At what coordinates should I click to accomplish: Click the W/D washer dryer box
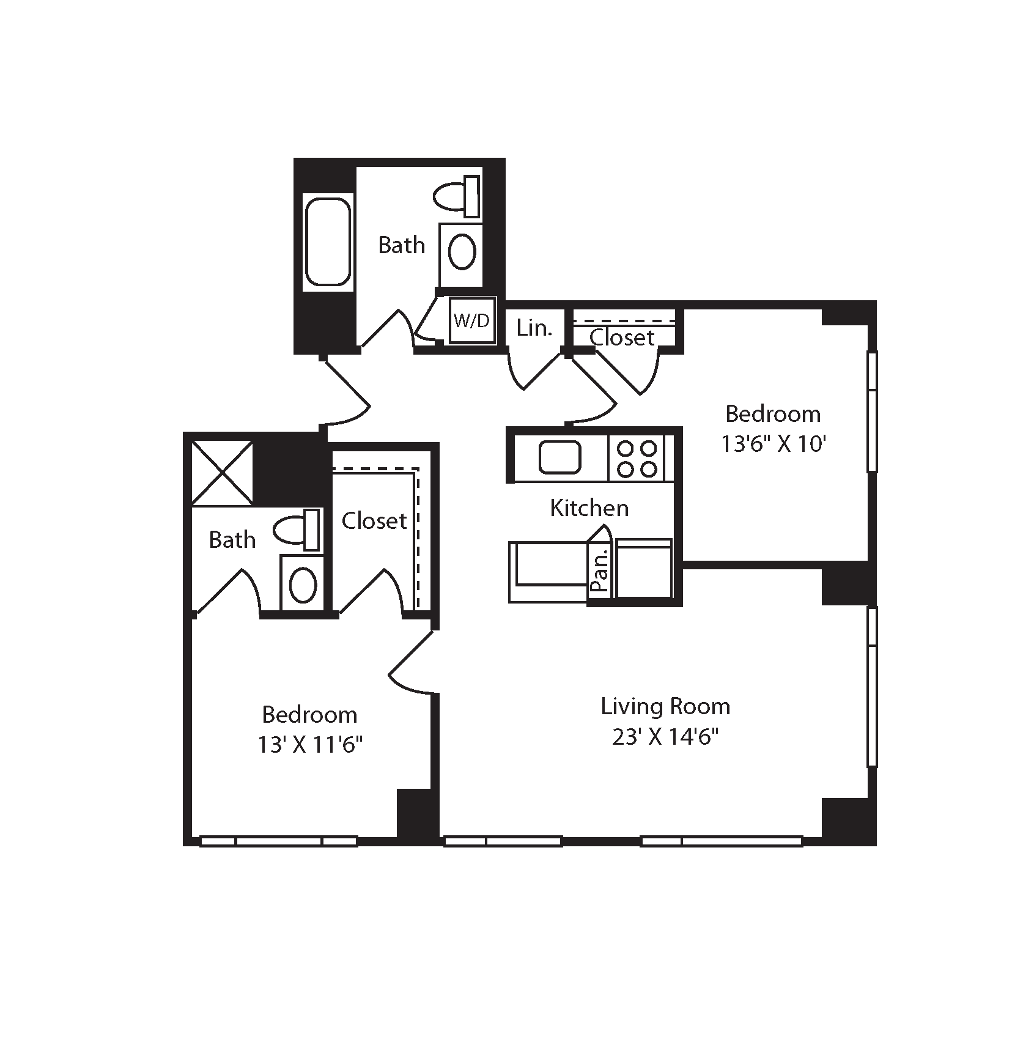[x=472, y=321]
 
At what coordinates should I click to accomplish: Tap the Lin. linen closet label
[x=534, y=328]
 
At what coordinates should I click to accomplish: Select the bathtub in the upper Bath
[x=328, y=242]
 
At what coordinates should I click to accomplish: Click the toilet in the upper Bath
[x=457, y=196]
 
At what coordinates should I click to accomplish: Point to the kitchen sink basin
[x=559, y=457]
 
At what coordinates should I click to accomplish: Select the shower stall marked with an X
[x=222, y=473]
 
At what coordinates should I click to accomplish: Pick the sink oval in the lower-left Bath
[x=303, y=585]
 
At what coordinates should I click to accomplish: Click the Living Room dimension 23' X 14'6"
[x=665, y=737]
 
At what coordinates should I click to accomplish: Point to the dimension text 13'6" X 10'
[x=774, y=444]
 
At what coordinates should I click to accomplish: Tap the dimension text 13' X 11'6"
[x=310, y=745]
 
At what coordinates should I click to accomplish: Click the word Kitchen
[x=589, y=508]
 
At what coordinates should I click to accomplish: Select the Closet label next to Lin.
[x=622, y=338]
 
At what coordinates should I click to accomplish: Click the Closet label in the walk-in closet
[x=374, y=521]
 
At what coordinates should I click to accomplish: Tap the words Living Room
[x=665, y=706]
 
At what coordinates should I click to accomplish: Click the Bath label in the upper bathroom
[x=401, y=245]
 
